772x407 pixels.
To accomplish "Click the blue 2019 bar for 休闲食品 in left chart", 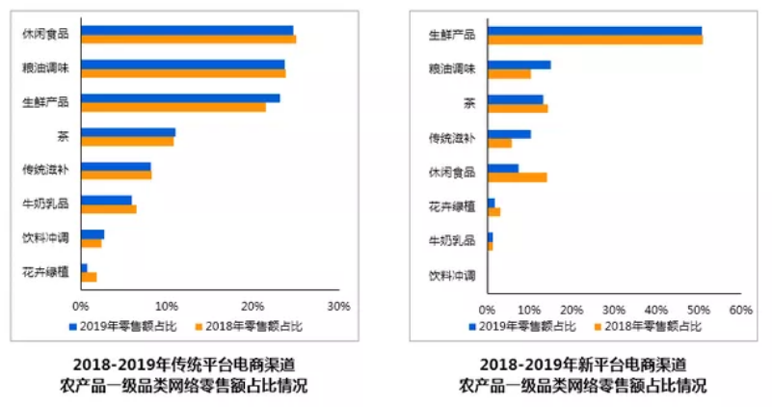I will tap(187, 30).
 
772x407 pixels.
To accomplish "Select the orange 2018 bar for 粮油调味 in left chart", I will tap(183, 73).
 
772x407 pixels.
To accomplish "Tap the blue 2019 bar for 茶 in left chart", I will tap(128, 132).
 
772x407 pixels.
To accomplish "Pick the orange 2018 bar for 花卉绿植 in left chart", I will tap(89, 277).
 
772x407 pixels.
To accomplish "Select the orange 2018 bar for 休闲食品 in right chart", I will tap(518, 176).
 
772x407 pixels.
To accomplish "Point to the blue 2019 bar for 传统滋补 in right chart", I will tap(509, 134).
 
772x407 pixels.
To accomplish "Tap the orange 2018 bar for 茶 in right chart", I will tap(518, 108).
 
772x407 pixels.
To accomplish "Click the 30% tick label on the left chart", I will tap(338, 307).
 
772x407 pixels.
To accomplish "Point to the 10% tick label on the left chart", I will tap(167, 307).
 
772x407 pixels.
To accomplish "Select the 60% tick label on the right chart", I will tap(739, 310).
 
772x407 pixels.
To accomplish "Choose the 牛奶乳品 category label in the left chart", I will tap(45, 203).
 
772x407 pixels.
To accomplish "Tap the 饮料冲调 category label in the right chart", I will tap(452, 275).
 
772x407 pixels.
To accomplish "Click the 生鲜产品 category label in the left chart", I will tap(45, 100).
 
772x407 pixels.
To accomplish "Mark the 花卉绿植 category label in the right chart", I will tap(452, 206).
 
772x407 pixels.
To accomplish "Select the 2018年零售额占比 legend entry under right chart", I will tap(652, 327).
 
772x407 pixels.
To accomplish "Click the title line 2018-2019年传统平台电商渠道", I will tap(183, 365).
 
